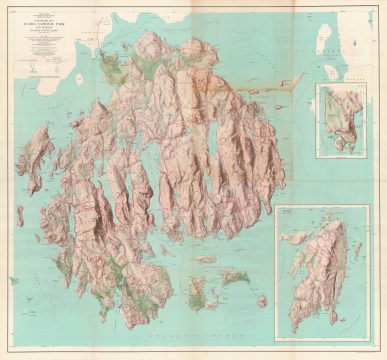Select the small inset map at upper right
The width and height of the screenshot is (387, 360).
pyautogui.click(x=340, y=116)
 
